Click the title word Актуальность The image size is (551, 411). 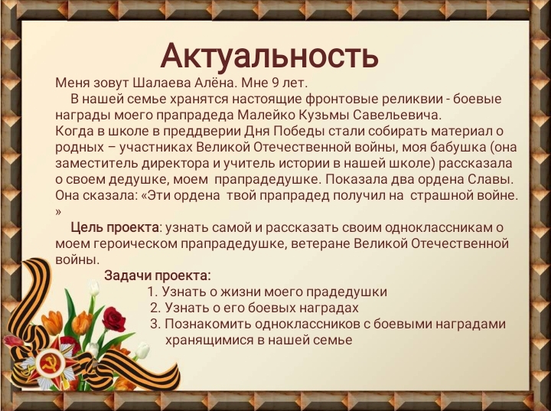click(269, 57)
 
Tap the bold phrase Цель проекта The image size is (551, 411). click(115, 228)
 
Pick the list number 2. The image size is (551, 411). click(155, 308)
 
